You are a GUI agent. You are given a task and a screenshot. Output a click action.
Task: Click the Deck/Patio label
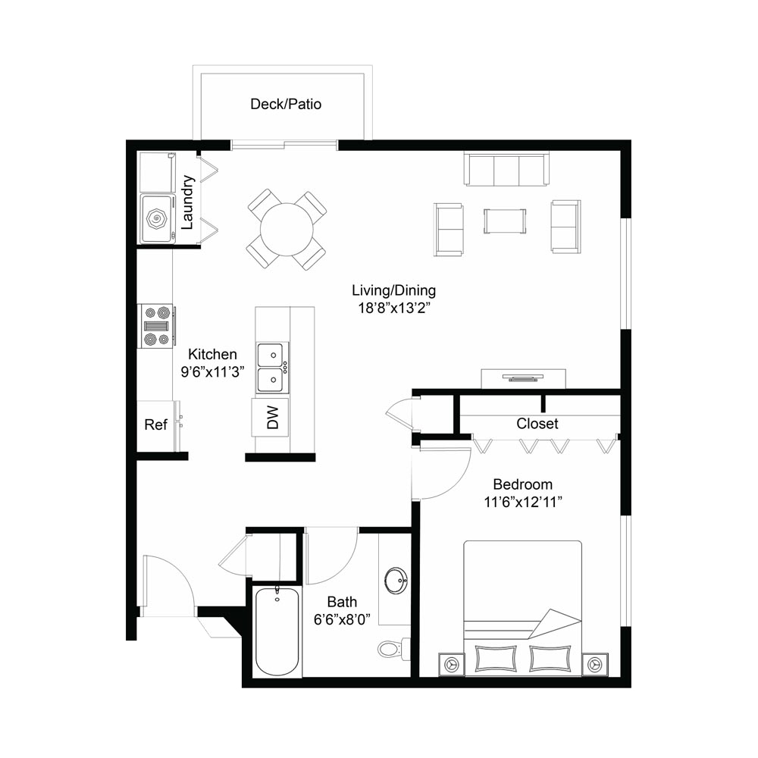(x=286, y=104)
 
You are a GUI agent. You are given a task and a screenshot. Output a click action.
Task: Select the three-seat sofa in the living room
(x=506, y=169)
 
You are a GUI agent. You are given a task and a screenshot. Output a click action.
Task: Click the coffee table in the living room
(x=505, y=221)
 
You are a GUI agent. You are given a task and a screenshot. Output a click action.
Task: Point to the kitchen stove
(x=156, y=326)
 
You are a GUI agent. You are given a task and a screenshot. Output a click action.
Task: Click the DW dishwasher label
(x=273, y=417)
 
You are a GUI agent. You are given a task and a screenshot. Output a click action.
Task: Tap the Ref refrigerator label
(x=155, y=424)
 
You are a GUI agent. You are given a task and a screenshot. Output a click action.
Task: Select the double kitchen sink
(x=273, y=368)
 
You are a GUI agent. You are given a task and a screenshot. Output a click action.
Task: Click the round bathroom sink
(x=396, y=580)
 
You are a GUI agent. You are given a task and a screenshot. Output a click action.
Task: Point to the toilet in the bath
(x=393, y=648)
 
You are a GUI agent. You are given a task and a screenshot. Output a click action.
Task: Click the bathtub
(x=277, y=631)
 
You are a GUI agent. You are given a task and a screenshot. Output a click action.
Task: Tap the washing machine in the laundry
(x=158, y=218)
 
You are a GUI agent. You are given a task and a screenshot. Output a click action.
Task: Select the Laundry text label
(x=187, y=202)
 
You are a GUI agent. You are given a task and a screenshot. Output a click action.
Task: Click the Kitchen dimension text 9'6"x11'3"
(x=212, y=371)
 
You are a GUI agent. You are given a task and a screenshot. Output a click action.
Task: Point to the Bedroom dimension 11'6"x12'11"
(x=523, y=503)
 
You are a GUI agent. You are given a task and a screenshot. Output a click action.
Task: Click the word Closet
(x=537, y=424)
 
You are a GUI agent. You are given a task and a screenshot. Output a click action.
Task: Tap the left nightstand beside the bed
(x=452, y=665)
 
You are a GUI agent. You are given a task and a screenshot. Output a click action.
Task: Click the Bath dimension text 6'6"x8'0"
(x=342, y=619)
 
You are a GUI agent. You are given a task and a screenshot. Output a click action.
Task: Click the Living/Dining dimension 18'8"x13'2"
(x=394, y=308)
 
